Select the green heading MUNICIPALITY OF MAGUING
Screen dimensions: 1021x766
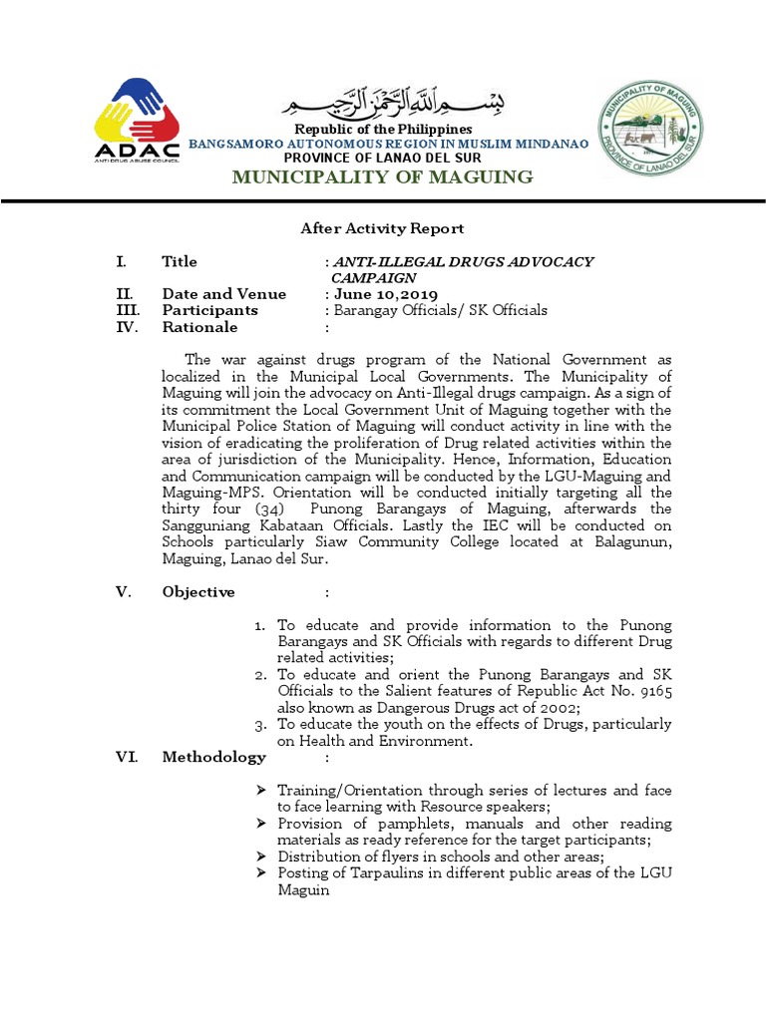(x=382, y=177)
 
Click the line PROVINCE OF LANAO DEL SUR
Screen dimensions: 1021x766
(x=382, y=158)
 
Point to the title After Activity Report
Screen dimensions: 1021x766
(x=382, y=228)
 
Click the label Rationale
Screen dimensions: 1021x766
(x=199, y=327)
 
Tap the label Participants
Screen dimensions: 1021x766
(x=209, y=310)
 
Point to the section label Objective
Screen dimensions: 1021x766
(x=198, y=592)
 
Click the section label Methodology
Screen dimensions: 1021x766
(x=213, y=757)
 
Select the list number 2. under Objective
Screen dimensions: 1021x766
(x=259, y=675)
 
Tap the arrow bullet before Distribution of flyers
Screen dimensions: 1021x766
(x=260, y=856)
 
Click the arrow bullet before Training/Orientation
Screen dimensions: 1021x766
(x=260, y=790)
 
